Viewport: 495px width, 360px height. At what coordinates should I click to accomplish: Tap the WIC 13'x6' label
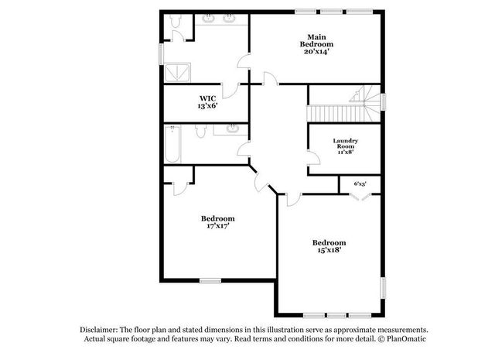(x=207, y=101)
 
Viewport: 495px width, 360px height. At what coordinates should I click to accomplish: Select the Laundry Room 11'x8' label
(x=345, y=146)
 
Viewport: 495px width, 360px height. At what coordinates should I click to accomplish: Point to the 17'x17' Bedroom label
(x=218, y=222)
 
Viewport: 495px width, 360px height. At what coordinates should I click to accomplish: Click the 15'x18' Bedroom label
(x=329, y=246)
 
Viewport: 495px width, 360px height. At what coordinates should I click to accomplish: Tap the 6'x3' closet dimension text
(x=360, y=183)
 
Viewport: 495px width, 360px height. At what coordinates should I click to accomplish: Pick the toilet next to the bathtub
(x=199, y=133)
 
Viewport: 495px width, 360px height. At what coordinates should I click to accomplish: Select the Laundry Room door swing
(x=313, y=160)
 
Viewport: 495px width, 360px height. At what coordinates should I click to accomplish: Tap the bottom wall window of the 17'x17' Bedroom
(x=210, y=280)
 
